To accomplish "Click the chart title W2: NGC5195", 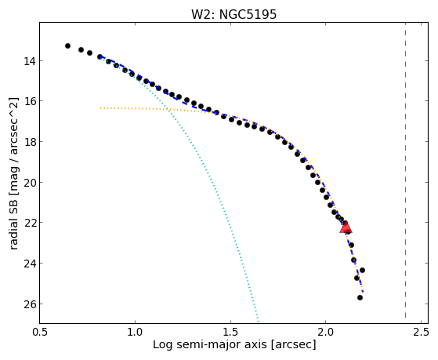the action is coord(233,14).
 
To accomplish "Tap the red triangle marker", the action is coord(346,227).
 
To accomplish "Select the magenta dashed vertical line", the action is coord(405,170).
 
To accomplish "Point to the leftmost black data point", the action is coord(67,45).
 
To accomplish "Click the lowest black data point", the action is coord(360,297).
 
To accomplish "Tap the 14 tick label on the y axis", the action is coord(29,61).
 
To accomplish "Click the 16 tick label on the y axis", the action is coord(29,101).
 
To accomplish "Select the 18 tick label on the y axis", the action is coord(29,141).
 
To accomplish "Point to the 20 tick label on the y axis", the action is coord(29,183).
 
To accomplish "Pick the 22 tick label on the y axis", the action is coord(29,223).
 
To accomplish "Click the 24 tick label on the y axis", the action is coord(29,264).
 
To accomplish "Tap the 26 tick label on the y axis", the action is coord(29,304).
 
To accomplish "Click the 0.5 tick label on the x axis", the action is coord(40,332).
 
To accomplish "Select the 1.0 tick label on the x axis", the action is coord(135,332).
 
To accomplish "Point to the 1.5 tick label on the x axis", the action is coord(230,332).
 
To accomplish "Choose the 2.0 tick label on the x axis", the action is coord(326,332).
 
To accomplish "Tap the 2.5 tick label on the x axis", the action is coord(421,332).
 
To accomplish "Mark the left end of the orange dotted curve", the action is coord(100,108).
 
